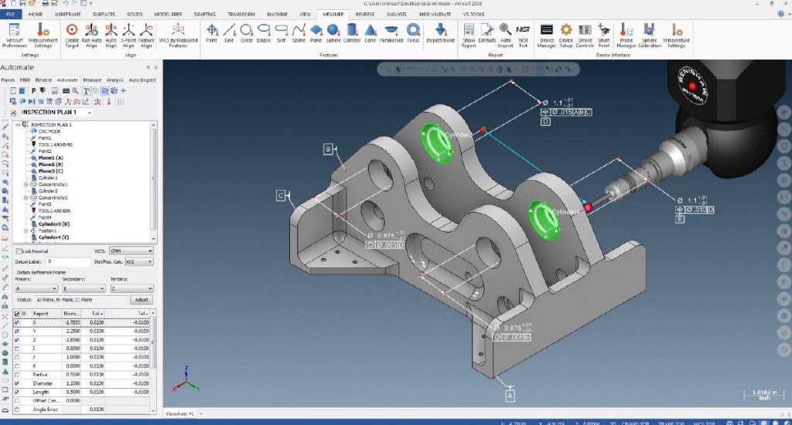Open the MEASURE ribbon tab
point(335,14)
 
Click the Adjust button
point(142,299)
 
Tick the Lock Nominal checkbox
point(19,251)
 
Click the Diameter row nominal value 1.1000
point(72,382)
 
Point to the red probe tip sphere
point(588,207)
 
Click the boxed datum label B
point(328,148)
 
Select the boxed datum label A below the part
point(510,395)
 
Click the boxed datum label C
point(280,195)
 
